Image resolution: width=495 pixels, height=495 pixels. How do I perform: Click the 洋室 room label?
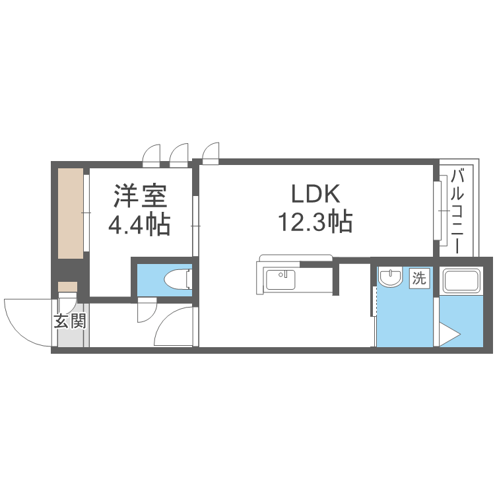[x=140, y=196]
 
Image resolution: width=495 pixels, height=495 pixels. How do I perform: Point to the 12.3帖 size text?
[x=315, y=222]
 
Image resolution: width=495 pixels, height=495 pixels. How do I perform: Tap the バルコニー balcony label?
[x=457, y=211]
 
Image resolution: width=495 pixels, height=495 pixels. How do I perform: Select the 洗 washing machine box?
[x=420, y=278]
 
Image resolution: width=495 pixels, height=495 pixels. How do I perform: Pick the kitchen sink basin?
[x=280, y=279]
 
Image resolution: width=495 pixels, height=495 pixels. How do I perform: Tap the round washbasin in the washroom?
[x=391, y=277]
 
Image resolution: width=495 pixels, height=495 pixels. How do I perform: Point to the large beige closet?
[x=71, y=213]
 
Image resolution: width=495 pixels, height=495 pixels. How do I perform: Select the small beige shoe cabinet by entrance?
[x=67, y=286]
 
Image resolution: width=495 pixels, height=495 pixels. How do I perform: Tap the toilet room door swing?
[x=147, y=311]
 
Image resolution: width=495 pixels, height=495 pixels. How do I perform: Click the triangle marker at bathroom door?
[x=450, y=335]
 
